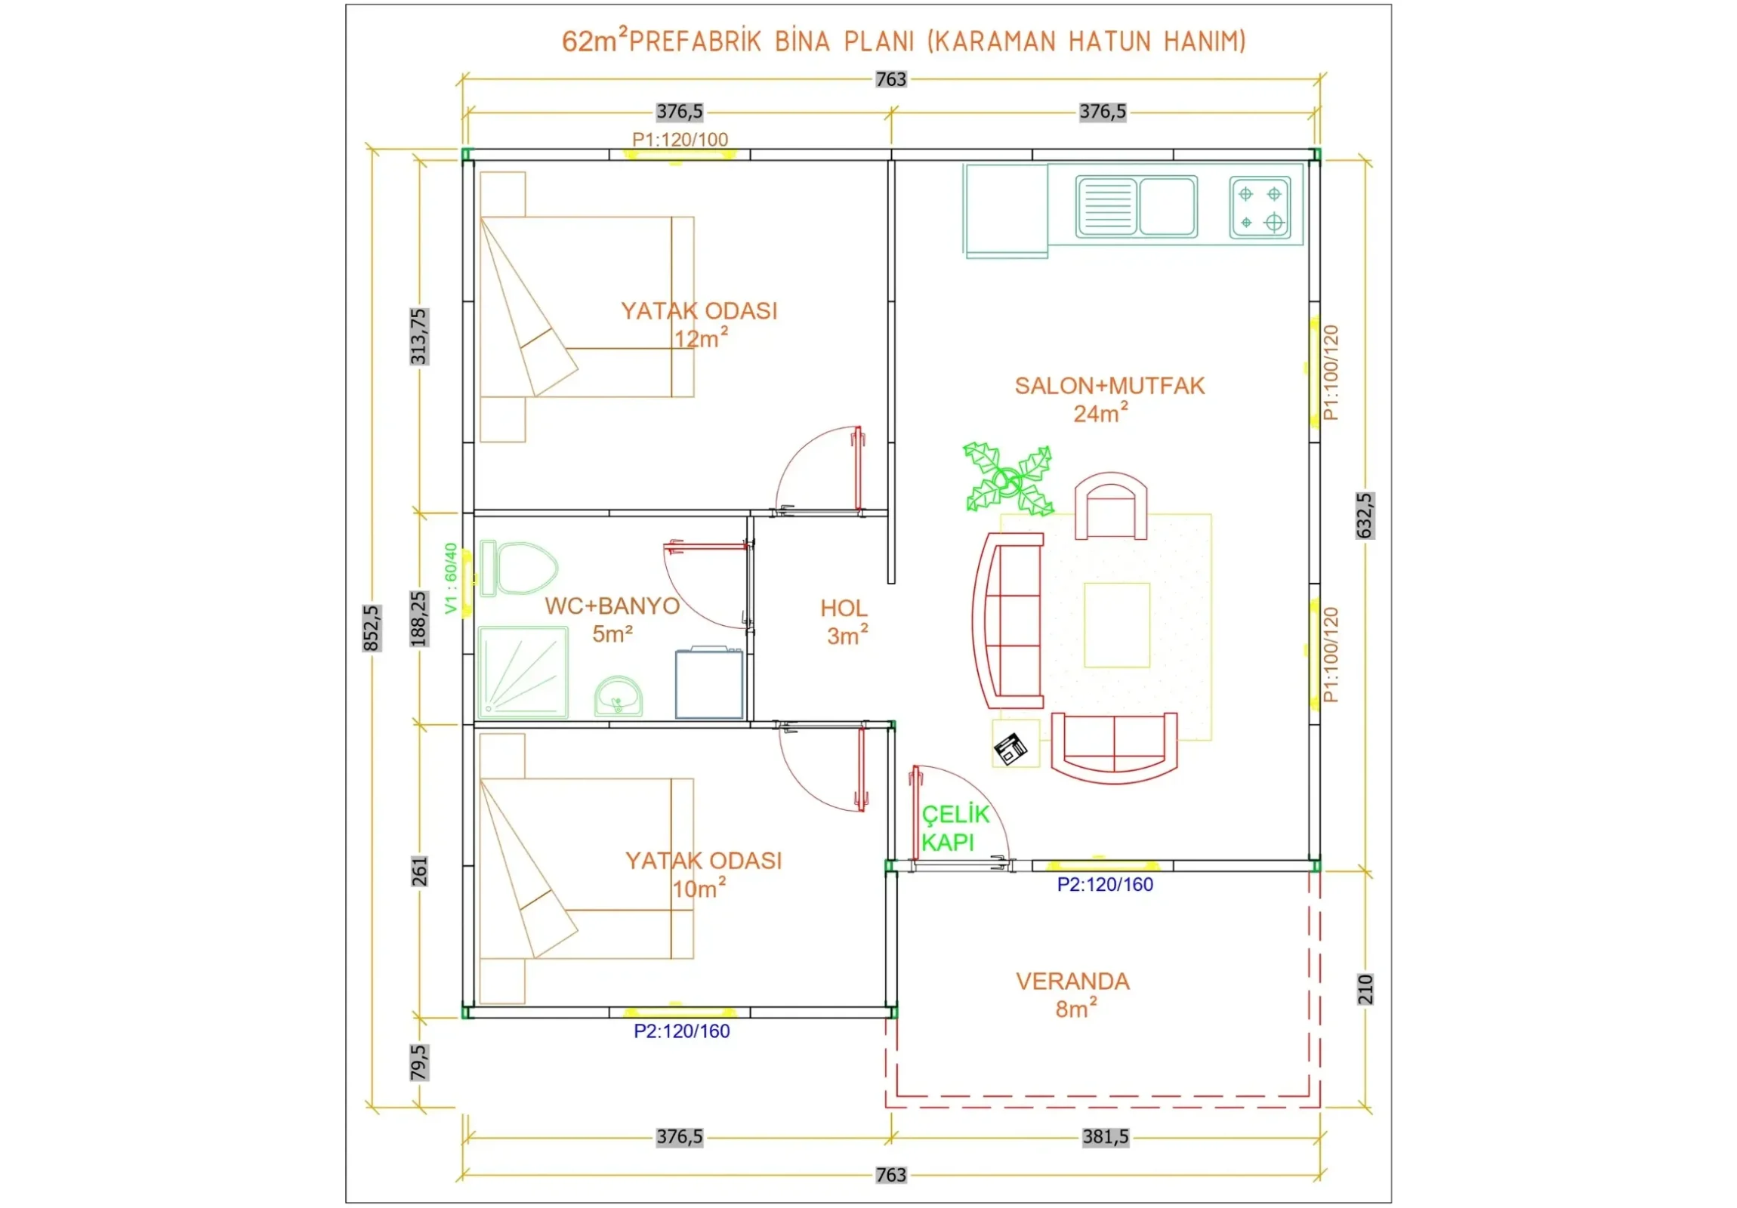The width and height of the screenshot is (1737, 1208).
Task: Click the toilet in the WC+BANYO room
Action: [519, 568]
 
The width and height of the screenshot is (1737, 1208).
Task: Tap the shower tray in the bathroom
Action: [523, 672]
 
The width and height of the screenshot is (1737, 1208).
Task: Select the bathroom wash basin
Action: [618, 697]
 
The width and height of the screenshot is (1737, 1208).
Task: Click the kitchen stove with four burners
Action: [1260, 208]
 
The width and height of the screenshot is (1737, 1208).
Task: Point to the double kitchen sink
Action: [1137, 206]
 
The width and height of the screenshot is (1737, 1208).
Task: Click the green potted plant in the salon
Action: [1007, 478]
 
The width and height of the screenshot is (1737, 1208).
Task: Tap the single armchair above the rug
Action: [1111, 506]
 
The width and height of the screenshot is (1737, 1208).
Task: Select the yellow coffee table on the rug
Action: [1117, 625]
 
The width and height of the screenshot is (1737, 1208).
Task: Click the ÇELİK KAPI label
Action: [955, 828]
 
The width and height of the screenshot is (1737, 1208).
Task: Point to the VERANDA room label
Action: [1072, 981]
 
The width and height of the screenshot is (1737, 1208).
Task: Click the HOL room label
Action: [844, 609]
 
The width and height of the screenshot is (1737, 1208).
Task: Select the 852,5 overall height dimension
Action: [372, 628]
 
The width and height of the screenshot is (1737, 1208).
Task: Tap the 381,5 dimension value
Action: [1106, 1137]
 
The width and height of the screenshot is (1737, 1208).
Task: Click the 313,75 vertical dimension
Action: [418, 336]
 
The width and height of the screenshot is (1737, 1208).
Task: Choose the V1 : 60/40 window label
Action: [451, 578]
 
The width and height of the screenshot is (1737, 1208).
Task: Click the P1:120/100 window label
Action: [680, 139]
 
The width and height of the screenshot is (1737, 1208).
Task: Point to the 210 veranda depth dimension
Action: [1365, 989]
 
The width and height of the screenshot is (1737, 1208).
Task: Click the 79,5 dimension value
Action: [418, 1063]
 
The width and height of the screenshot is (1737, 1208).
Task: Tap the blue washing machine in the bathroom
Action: [709, 683]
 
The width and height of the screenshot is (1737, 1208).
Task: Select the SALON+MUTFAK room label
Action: [1109, 386]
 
